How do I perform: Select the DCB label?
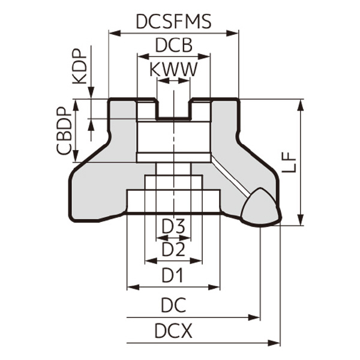[x=173, y=46]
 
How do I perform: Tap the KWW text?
[x=173, y=70]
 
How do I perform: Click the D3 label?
[x=173, y=226]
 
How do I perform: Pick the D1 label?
[x=173, y=275]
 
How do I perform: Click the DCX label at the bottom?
[x=173, y=331]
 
